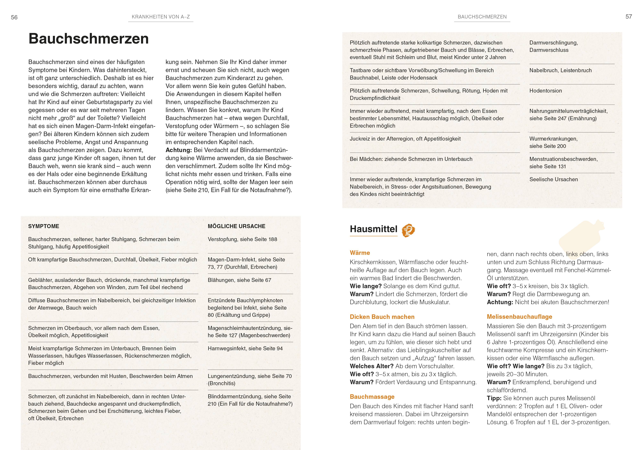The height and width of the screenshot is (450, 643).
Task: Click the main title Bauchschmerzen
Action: [89, 39]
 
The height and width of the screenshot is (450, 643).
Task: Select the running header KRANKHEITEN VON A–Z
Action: [161, 17]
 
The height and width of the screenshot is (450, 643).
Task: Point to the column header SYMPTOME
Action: [44, 226]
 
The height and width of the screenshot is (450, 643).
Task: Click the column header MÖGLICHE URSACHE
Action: [236, 226]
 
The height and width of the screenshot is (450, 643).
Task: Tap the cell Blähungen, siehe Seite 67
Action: [240, 280]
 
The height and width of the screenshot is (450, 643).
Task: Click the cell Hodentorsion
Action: [545, 91]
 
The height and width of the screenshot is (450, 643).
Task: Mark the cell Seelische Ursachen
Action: [553, 179]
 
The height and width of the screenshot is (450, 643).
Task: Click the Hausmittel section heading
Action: [373, 229]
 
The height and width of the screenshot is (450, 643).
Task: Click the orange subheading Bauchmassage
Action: [372, 397]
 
